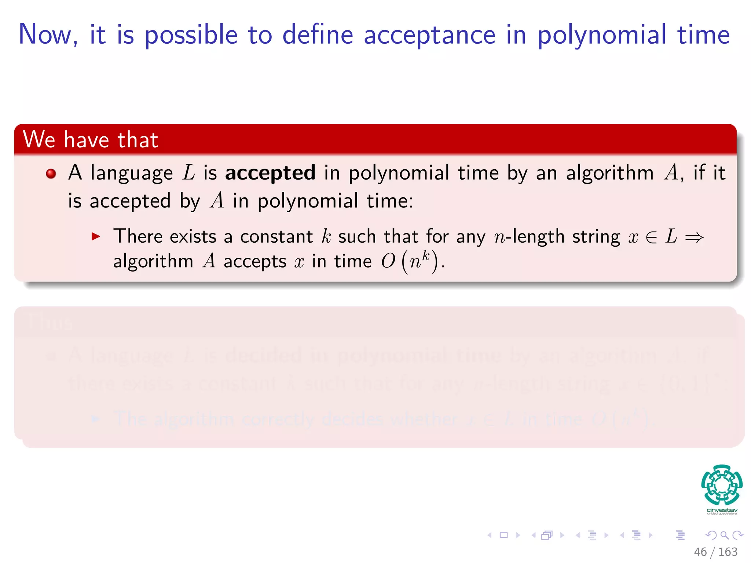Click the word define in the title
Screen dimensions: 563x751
pos(318,34)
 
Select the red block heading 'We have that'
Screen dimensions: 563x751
pos(91,140)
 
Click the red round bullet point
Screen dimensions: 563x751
pos(51,173)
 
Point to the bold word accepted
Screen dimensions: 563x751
pos(270,173)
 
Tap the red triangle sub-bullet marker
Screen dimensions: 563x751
pos(96,236)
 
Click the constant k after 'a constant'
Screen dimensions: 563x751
pos(326,236)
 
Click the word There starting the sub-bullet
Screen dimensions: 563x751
pos(138,236)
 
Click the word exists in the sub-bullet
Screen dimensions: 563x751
pos(193,236)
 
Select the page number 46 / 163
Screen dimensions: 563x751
pos(715,552)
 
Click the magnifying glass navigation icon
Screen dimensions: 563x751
pos(724,535)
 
